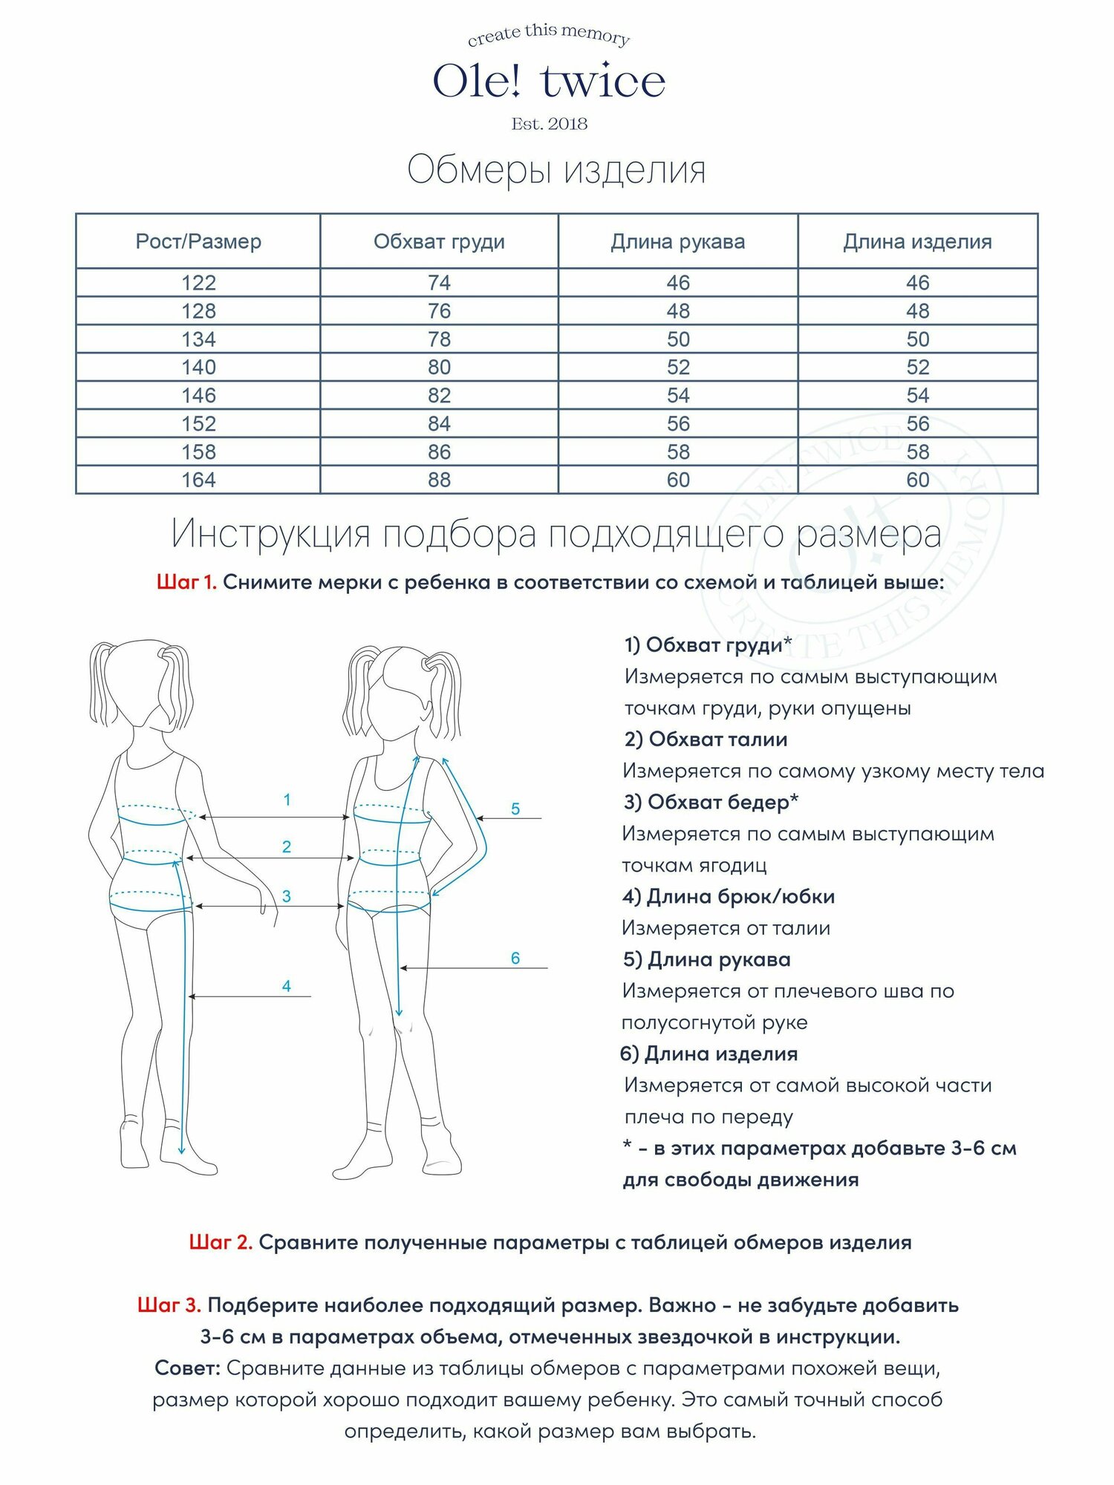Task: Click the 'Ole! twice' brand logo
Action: tap(549, 81)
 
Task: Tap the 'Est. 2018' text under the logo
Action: tap(549, 124)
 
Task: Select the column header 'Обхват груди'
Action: tap(439, 241)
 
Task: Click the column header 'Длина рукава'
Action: tap(677, 241)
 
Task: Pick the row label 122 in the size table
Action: tap(198, 283)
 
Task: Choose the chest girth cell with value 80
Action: tap(439, 368)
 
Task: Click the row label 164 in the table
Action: tap(198, 480)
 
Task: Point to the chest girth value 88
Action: tap(439, 480)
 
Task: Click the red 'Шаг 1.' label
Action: tap(186, 582)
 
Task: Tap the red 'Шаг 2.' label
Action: tap(221, 1242)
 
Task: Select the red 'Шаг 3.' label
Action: tap(169, 1305)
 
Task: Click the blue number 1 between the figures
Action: tap(287, 800)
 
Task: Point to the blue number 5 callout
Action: tap(515, 809)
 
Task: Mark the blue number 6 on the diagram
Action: tap(515, 958)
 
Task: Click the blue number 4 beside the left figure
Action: tap(287, 986)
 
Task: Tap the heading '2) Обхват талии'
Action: tap(706, 740)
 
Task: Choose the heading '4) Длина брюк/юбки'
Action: tap(729, 897)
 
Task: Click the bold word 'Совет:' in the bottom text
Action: tap(187, 1368)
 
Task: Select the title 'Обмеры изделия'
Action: tap(556, 170)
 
